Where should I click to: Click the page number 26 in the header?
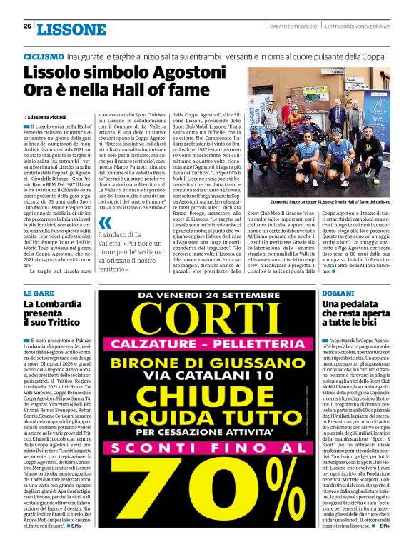point(26,26)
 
